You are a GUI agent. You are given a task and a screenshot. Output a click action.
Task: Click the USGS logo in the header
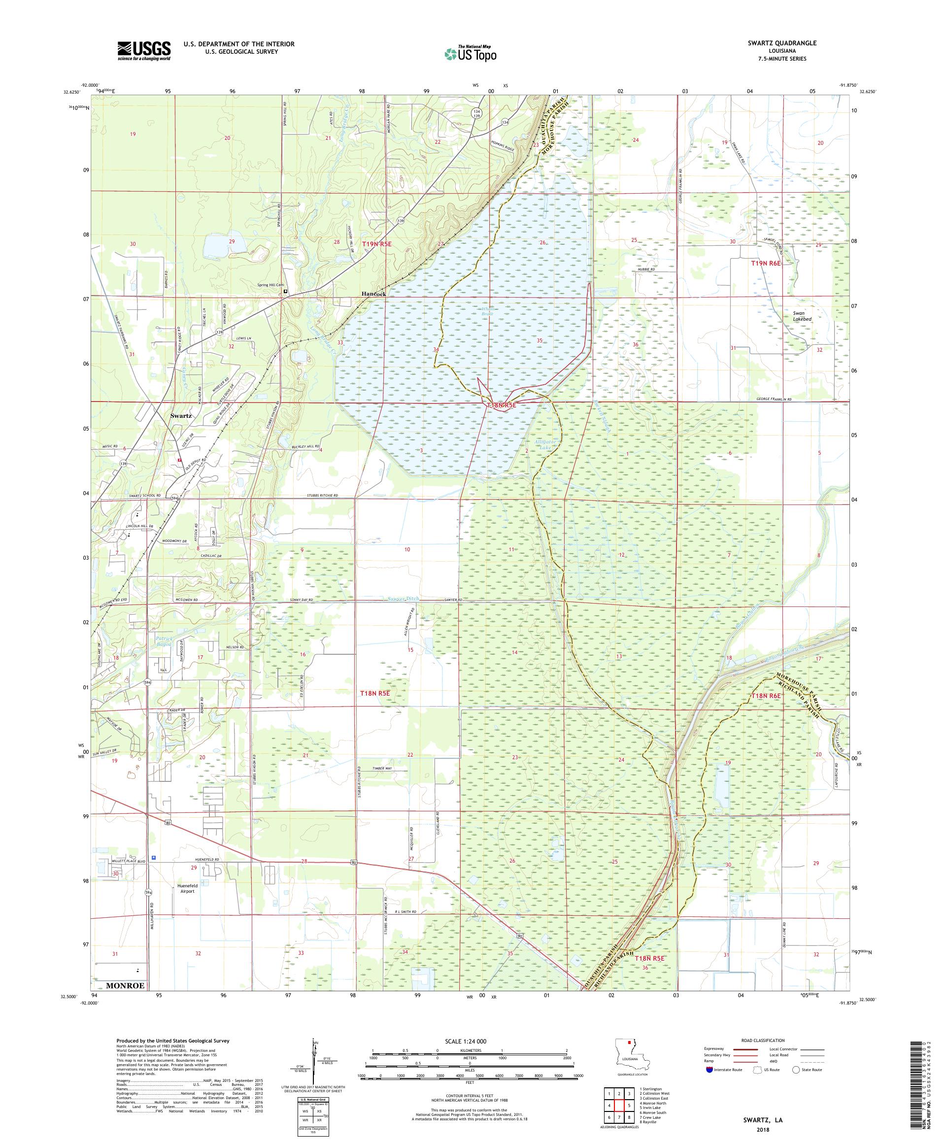click(144, 51)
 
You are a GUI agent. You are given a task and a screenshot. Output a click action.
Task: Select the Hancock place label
click(373, 294)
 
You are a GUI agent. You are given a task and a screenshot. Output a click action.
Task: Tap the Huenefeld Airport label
click(186, 888)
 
